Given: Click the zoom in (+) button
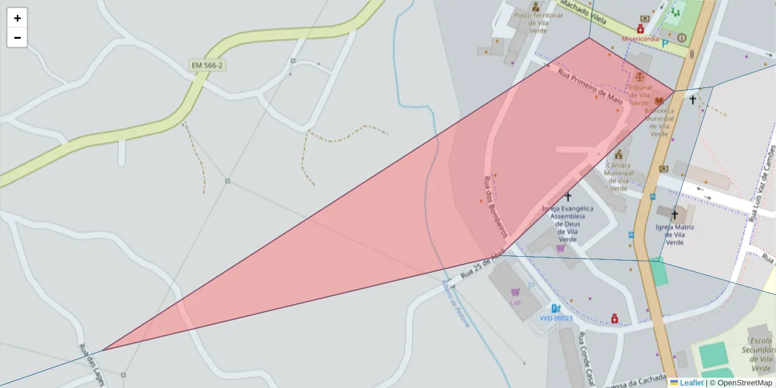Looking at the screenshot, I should click(17, 18).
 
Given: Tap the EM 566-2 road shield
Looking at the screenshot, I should click(207, 65).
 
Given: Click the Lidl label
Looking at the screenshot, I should click(515, 303).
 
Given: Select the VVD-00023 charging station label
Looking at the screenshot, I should click(555, 318).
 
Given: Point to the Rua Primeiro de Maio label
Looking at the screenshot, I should click(590, 88).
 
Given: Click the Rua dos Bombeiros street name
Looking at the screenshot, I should click(495, 206).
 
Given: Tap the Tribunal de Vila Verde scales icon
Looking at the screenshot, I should click(640, 76).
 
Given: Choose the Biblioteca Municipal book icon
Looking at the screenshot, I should click(659, 101).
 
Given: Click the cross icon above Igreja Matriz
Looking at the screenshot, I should click(674, 214).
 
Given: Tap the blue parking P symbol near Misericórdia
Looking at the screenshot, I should click(665, 44).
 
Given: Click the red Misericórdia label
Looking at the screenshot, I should click(640, 39).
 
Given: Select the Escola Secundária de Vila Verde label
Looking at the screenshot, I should click(757, 350).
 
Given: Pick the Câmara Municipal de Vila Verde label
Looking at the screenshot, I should click(619, 177).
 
